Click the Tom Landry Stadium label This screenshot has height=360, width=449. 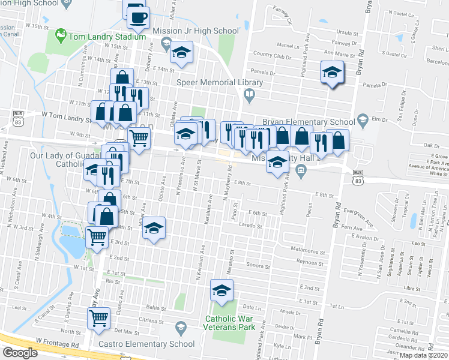point(107,37)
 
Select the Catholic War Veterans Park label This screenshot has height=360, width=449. point(230,322)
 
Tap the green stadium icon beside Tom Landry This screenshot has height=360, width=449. point(60,37)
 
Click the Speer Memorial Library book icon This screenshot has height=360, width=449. point(249,94)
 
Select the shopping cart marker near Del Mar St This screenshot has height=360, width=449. point(98,318)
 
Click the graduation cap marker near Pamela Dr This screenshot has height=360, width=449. point(331,73)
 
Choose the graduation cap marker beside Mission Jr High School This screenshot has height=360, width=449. point(181,53)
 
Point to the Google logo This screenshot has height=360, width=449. point(20,352)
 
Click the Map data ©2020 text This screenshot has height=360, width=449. point(423,355)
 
